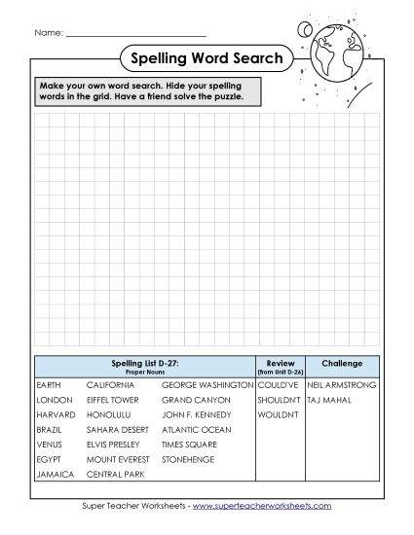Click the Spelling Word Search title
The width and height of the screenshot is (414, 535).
tap(206, 58)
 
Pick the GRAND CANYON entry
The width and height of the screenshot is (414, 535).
tap(196, 400)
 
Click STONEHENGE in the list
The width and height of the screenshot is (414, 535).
tap(188, 459)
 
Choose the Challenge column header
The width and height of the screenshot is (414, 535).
tap(342, 364)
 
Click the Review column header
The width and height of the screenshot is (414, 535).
tap(281, 364)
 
